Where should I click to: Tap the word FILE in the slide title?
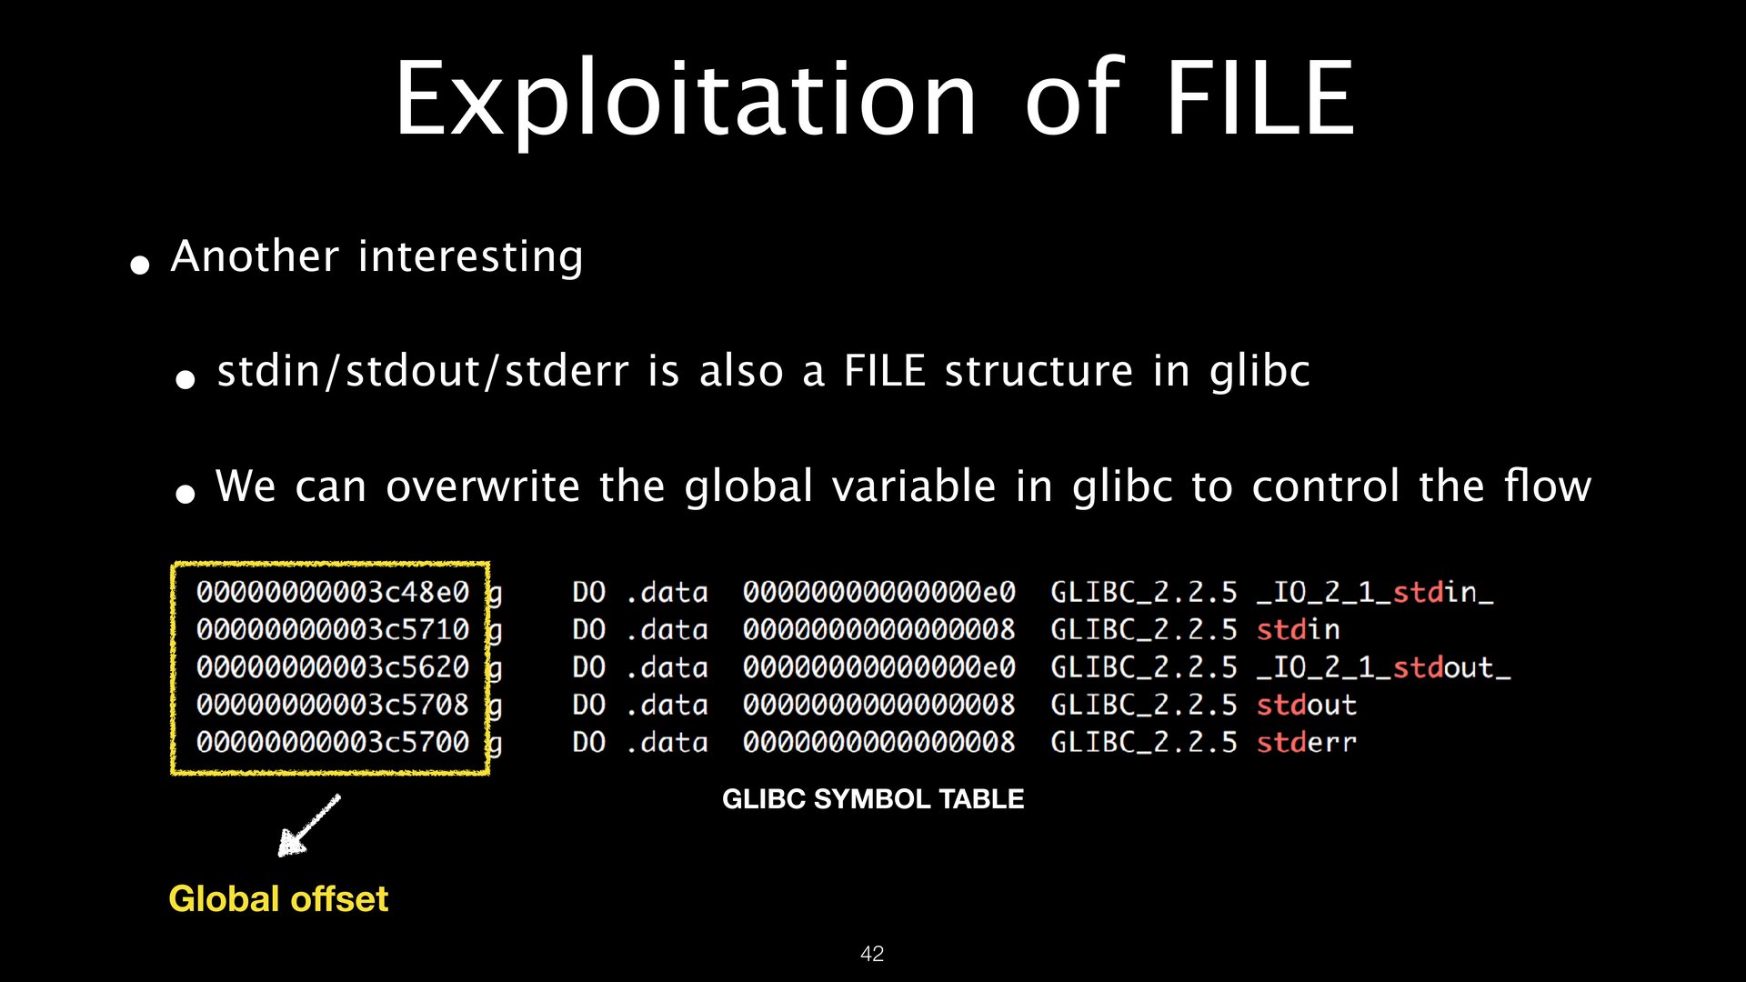coord(1260,97)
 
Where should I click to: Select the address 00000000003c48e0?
coord(333,592)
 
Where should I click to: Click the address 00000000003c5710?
coord(333,629)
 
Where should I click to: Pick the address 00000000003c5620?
coord(333,667)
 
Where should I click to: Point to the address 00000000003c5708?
coord(333,705)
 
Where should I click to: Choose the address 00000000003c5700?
coord(333,742)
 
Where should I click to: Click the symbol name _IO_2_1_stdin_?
coord(1375,593)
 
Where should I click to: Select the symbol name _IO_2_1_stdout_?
coord(1383,668)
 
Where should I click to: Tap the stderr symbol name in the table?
coord(1307,743)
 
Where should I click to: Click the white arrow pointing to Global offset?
coord(309,826)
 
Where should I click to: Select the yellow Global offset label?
coord(278,899)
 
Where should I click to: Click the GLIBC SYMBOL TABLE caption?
coord(873,799)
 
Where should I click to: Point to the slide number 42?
coord(872,954)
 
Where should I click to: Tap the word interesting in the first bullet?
coord(471,257)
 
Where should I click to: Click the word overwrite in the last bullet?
coord(483,486)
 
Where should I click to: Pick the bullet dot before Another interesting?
coord(140,266)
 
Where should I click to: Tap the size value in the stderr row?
coord(878,742)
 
